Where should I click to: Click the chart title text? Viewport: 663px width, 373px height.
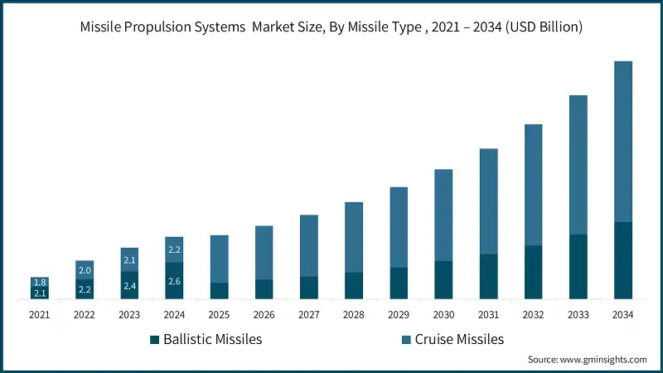331,27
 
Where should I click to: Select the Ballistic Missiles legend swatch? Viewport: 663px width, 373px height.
153,339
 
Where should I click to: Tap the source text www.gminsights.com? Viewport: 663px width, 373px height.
587,359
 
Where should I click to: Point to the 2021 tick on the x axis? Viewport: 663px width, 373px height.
40,314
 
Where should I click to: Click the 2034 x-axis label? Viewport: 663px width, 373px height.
622,314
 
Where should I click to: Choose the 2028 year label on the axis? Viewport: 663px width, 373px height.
354,314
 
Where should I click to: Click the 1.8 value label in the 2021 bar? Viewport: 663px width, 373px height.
40,283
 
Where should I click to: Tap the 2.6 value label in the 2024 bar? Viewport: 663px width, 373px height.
174,282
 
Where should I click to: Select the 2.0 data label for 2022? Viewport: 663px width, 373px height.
85,270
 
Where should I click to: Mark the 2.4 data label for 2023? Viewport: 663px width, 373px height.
129,286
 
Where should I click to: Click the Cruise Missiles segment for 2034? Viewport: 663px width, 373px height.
622,141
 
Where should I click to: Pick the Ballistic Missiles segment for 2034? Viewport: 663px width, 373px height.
622,260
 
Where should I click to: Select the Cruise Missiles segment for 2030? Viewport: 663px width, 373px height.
443,215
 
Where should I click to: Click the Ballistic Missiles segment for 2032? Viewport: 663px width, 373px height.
533,272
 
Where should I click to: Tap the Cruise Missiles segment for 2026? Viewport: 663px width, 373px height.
264,253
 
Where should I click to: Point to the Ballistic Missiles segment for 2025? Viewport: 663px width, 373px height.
220,290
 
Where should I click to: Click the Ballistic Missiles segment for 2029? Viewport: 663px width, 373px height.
399,283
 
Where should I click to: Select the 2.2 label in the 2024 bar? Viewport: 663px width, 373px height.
174,249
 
